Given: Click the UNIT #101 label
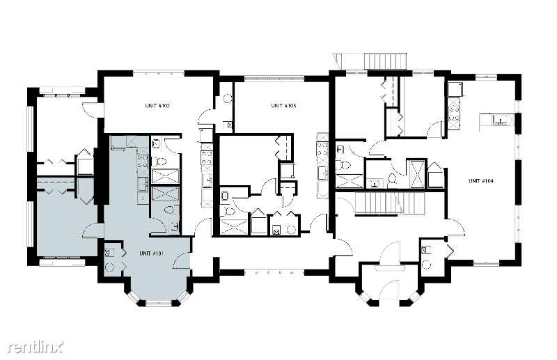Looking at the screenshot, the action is pyautogui.click(x=151, y=253).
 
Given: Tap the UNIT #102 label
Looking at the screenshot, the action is pyautogui.click(x=157, y=106).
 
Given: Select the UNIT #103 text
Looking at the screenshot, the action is pyautogui.click(x=283, y=106).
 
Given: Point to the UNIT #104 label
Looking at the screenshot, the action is pyautogui.click(x=481, y=181).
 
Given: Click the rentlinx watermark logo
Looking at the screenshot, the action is pyautogui.click(x=36, y=347).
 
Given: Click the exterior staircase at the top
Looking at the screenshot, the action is pyautogui.click(x=386, y=61).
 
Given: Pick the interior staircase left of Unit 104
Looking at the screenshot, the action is pyautogui.click(x=390, y=203).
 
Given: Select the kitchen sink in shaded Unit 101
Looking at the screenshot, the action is pyautogui.click(x=143, y=184).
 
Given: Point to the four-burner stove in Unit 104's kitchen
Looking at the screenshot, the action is pyautogui.click(x=454, y=114).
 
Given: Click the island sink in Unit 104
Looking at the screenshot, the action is pyautogui.click(x=500, y=120).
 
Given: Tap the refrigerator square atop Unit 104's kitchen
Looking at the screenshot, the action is pyautogui.click(x=455, y=89).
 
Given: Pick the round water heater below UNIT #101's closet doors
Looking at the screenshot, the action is pyautogui.click(x=109, y=267).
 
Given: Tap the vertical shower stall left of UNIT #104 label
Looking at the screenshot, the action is pyautogui.click(x=416, y=174).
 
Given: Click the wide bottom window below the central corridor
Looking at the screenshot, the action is pyautogui.click(x=274, y=272).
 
